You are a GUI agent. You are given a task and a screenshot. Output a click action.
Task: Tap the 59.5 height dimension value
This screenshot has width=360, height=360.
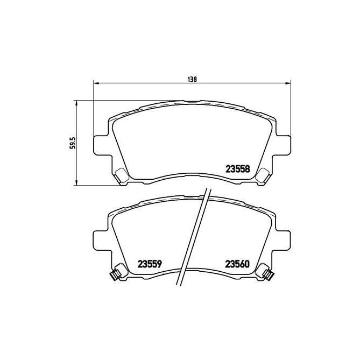[x=72, y=144]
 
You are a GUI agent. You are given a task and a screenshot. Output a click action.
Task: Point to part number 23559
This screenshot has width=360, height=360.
[x=150, y=264]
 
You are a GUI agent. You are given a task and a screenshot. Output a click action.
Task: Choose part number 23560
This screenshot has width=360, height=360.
[x=237, y=264]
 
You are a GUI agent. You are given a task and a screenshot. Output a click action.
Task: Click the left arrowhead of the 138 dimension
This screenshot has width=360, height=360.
[x=96, y=83]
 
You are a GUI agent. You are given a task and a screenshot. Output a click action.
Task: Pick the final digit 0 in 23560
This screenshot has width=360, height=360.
[x=247, y=264]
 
